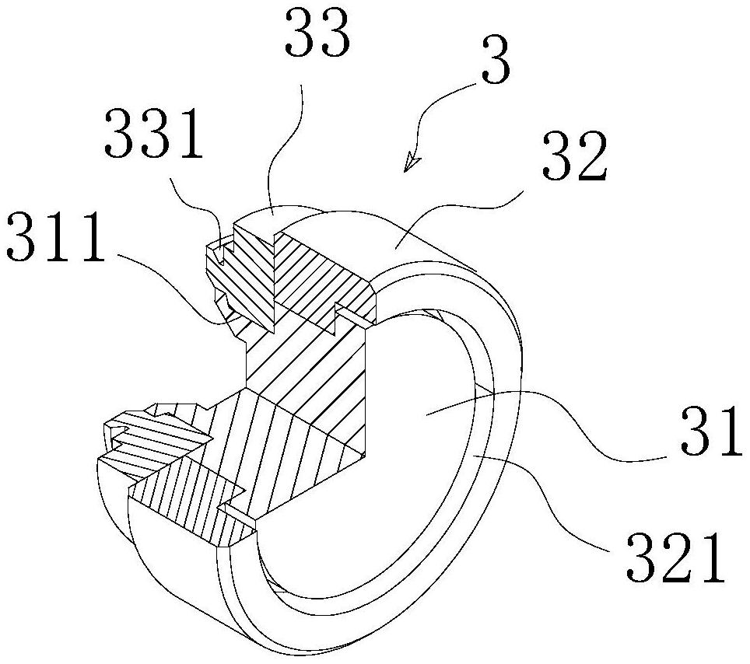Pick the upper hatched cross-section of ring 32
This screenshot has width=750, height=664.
click(x=327, y=272)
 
